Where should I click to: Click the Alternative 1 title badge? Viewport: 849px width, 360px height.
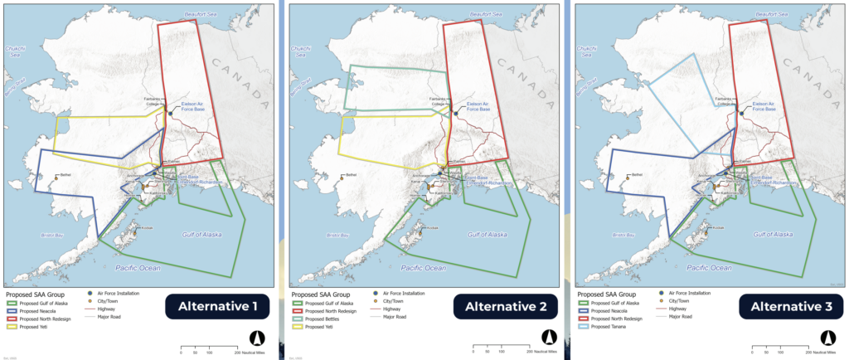coord(218,306)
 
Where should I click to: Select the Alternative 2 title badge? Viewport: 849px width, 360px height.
coord(499,306)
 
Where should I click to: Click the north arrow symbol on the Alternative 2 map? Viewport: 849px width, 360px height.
coord(546,338)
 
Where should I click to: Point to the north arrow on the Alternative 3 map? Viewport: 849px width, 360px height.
coord(827,338)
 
